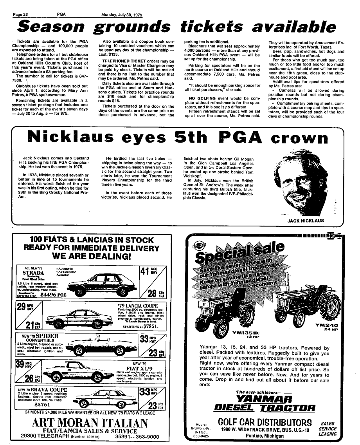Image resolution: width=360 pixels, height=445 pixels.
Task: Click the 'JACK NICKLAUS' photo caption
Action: (x=306, y=221)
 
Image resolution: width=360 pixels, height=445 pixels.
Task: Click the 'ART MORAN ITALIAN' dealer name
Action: (x=90, y=424)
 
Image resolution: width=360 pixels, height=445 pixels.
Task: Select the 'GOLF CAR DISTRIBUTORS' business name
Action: (x=265, y=423)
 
